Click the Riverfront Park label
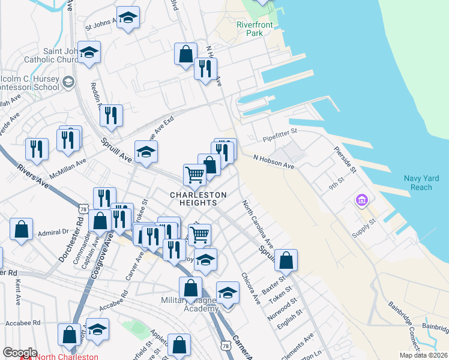point(255,29)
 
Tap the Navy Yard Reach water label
point(417,182)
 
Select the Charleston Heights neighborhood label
point(199,199)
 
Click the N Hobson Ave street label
point(273,161)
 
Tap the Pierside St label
point(346,160)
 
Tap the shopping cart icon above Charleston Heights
point(195,175)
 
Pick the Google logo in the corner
point(20,353)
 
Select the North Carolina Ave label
point(258,224)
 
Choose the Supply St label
point(363,229)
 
